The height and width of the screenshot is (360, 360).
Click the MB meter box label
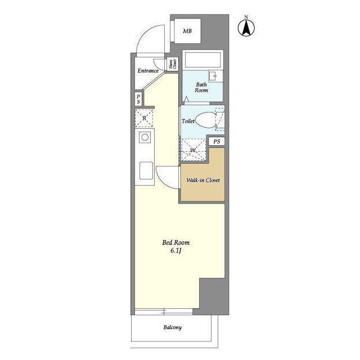[187, 31]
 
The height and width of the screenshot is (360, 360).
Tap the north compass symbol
[246, 27]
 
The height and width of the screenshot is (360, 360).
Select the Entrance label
[148, 71]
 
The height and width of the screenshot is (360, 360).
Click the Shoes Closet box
[173, 64]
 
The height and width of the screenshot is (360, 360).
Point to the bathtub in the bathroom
[202, 60]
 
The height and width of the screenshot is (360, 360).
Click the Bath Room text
[201, 88]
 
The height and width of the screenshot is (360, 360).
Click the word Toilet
[188, 121]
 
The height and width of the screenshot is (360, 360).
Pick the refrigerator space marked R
[144, 118]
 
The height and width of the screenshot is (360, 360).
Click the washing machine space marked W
[192, 150]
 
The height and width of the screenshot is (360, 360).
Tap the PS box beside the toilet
[217, 141]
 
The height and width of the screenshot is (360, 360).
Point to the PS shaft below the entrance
[138, 99]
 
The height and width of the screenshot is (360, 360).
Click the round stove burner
[145, 137]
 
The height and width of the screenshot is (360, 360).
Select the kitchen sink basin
[146, 170]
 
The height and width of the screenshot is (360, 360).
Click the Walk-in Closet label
[203, 180]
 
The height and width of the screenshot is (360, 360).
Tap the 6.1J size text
[176, 250]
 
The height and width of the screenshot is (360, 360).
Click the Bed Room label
[176, 242]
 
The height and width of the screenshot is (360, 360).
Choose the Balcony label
[173, 327]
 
